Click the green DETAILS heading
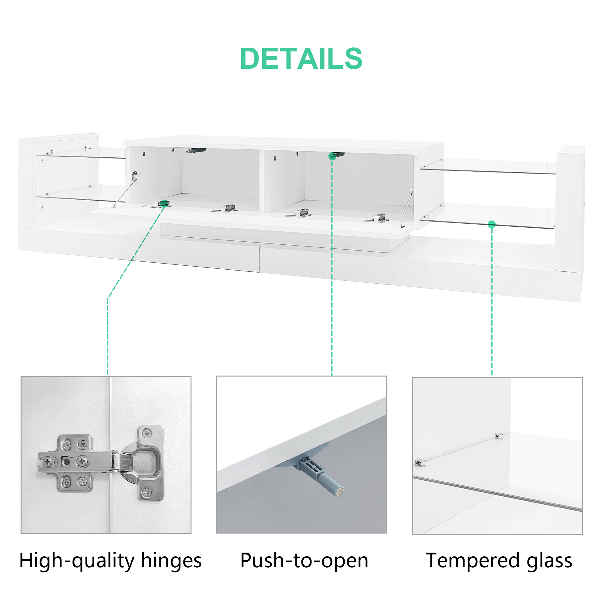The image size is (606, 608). click(x=301, y=58)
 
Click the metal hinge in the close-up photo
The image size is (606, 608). click(x=101, y=463)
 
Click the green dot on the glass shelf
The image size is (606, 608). click(x=492, y=224)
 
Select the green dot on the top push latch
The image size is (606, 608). click(x=332, y=156)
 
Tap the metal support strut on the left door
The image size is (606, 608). click(x=125, y=190)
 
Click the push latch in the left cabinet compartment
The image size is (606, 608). click(x=195, y=150)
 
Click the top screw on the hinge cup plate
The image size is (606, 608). click(x=147, y=434)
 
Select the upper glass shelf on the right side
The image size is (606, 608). click(x=488, y=166)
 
